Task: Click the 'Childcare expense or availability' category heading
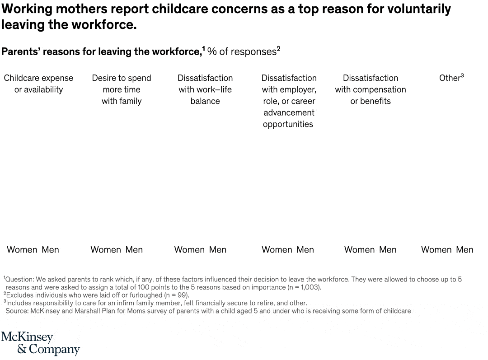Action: (38, 84)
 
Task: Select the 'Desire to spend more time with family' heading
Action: (122, 89)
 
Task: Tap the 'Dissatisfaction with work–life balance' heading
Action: (205, 89)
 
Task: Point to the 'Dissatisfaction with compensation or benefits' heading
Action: (371, 89)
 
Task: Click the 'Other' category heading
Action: (451, 78)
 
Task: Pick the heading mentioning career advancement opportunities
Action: (289, 101)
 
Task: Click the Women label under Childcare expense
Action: (22, 250)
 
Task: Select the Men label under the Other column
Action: (465, 250)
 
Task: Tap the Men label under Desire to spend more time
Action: (134, 250)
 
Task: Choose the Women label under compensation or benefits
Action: (359, 250)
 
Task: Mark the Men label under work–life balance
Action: (217, 250)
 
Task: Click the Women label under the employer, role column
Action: (277, 250)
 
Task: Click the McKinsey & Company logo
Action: (41, 343)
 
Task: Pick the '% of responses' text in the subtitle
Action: (242, 51)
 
